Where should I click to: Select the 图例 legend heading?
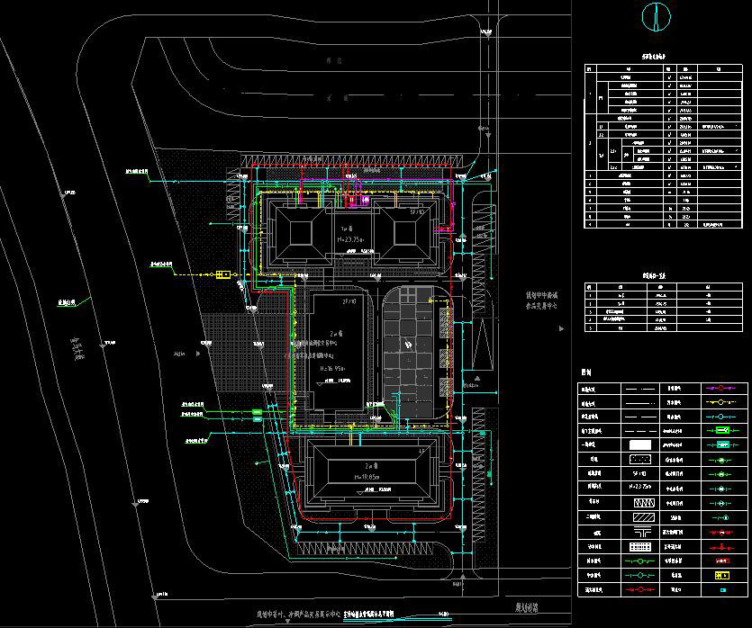[x=586, y=371]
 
